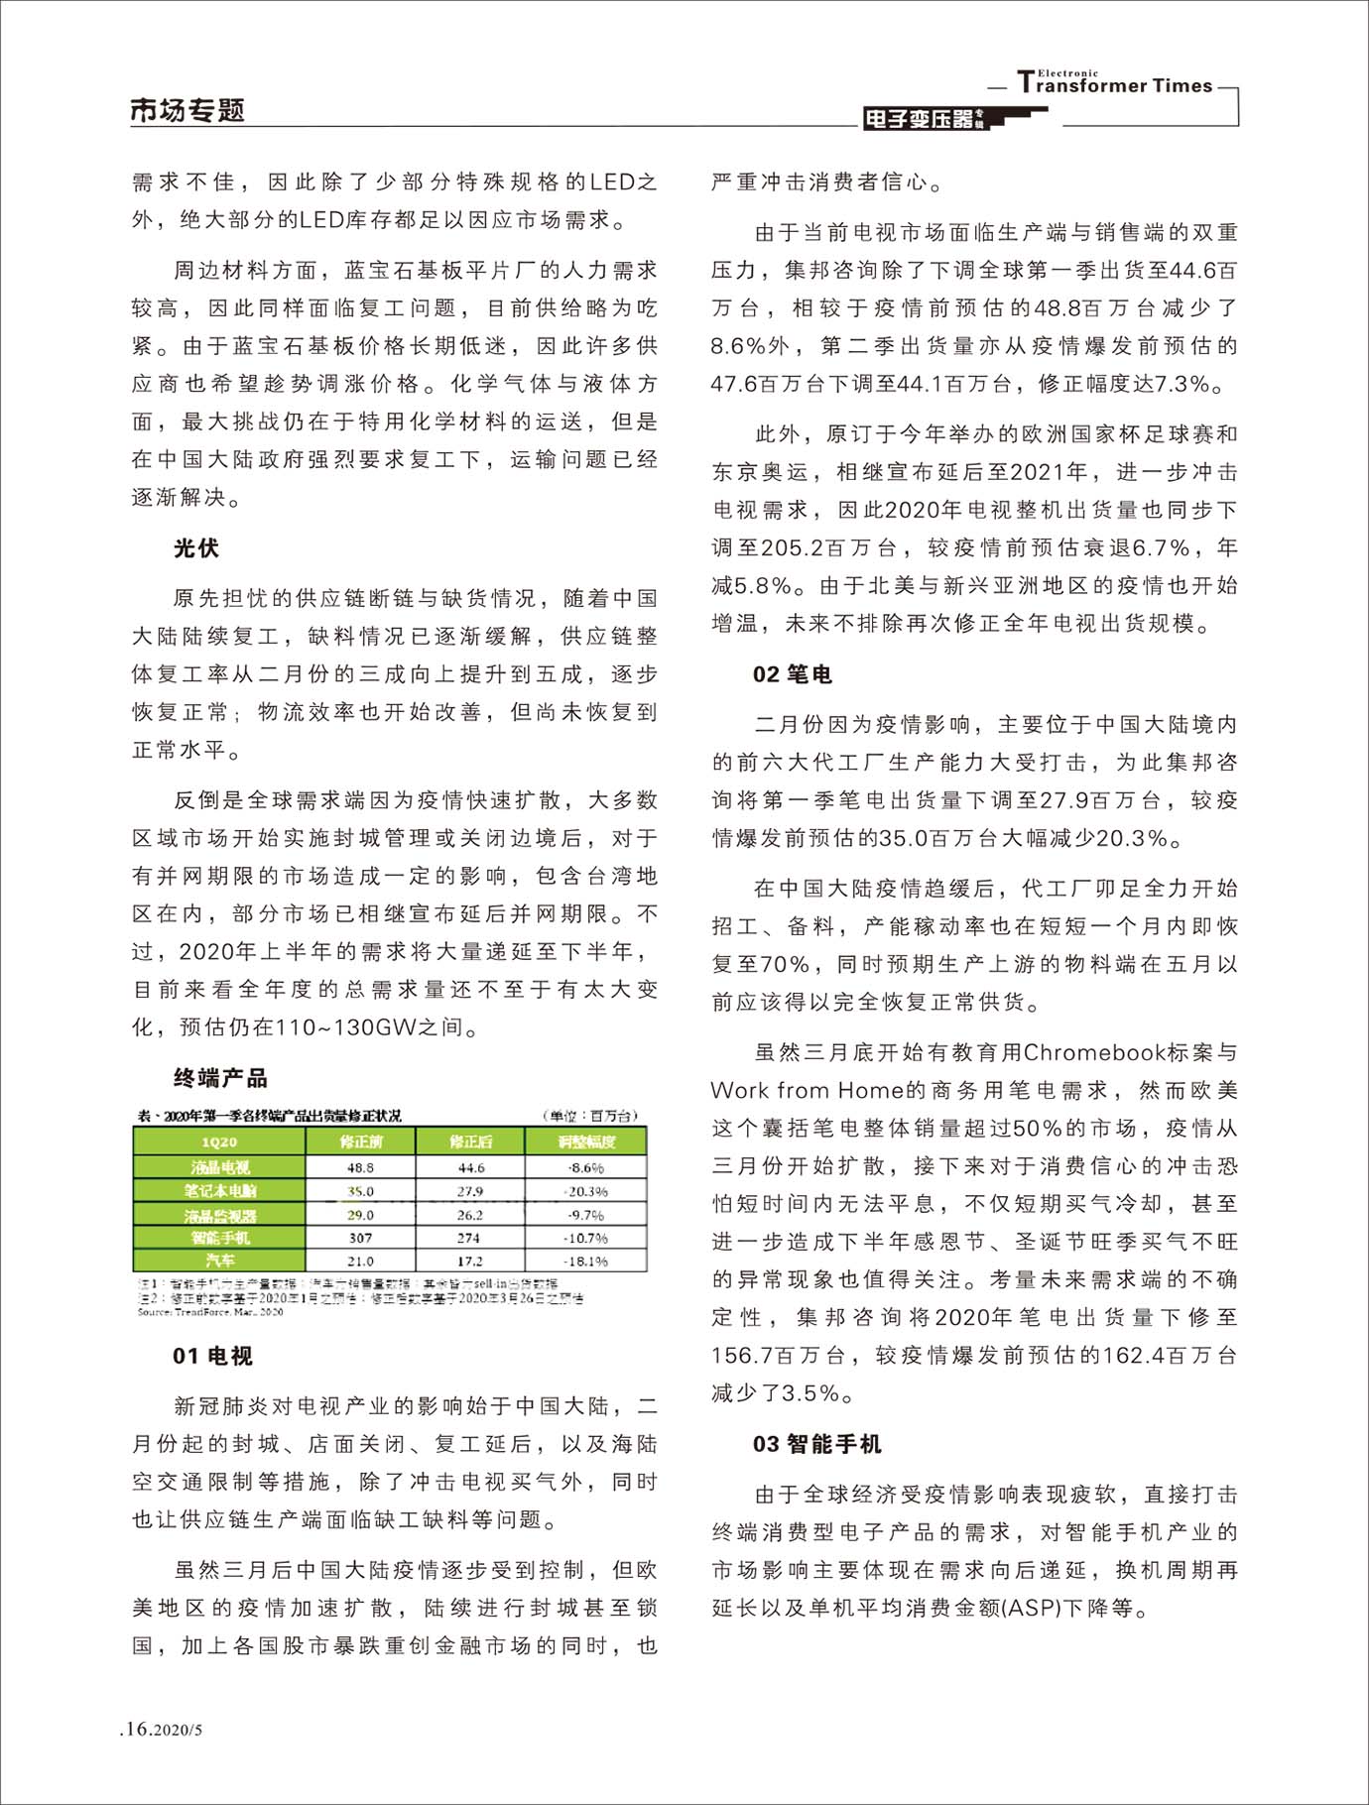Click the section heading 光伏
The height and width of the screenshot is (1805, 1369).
[x=195, y=548]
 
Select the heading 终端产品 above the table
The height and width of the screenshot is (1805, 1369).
[x=220, y=1078]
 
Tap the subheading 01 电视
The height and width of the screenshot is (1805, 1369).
[x=212, y=1356]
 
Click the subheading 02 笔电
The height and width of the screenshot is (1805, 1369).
[x=792, y=674]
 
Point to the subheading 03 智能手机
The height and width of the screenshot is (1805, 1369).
[x=816, y=1444]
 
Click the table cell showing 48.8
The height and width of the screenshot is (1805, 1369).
[x=360, y=1168]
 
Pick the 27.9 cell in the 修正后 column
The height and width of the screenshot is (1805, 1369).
[x=469, y=1191]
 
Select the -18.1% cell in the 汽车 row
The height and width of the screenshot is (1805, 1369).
[x=585, y=1262]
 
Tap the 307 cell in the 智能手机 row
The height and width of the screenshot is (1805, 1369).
[x=360, y=1238]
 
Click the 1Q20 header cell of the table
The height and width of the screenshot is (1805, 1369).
[x=219, y=1143]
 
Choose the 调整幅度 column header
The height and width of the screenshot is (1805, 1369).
[x=585, y=1143]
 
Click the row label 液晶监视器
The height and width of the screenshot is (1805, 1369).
[x=219, y=1215]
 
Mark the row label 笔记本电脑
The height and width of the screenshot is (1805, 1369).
[x=219, y=1191]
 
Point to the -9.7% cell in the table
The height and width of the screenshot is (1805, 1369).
[x=585, y=1215]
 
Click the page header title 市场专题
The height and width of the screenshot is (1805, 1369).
[x=187, y=111]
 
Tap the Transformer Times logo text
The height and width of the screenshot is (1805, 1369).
[x=1115, y=84]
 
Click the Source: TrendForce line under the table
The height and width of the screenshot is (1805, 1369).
[x=209, y=1311]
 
